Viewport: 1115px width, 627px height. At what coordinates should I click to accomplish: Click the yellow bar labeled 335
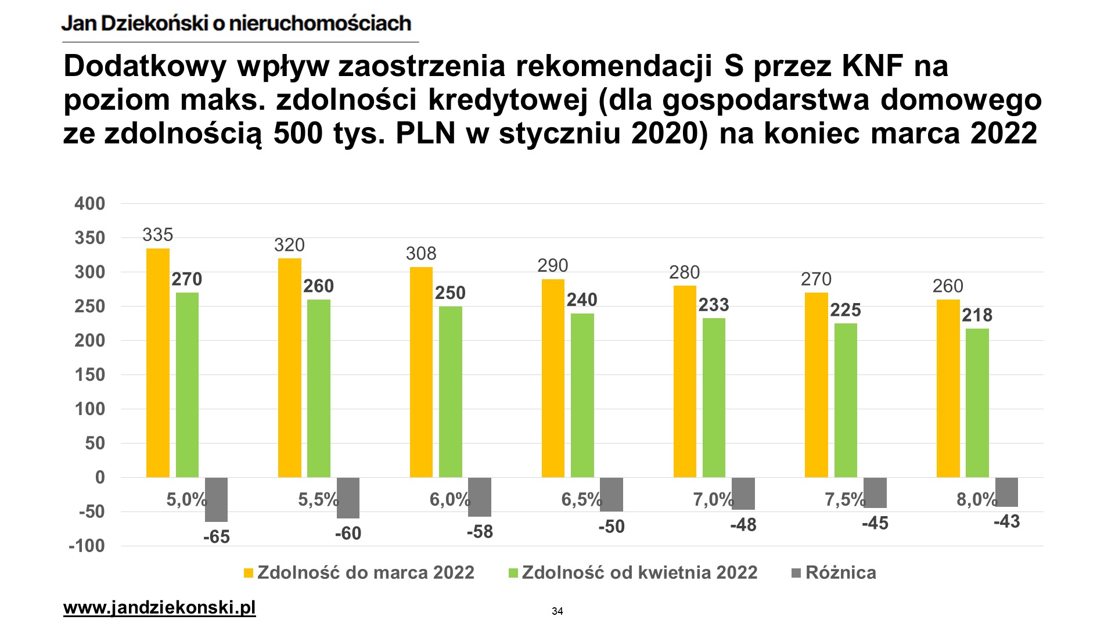coord(158,363)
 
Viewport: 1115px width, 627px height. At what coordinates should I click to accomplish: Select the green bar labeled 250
coord(451,392)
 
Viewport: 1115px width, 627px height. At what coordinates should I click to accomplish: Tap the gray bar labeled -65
coord(216,499)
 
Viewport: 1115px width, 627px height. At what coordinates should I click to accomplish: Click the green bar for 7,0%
coord(714,398)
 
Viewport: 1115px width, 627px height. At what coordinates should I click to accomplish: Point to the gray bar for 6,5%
coord(612,495)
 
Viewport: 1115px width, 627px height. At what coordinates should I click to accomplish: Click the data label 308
coord(421,254)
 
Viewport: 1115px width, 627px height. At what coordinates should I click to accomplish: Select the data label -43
coord(1006,522)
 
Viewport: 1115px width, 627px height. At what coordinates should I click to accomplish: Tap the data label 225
coord(846,310)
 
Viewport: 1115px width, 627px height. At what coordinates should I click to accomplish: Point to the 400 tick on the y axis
coord(90,204)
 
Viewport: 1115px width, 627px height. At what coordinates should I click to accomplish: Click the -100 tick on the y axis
coord(87,546)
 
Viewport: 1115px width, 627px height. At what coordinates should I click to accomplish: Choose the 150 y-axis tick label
coord(90,375)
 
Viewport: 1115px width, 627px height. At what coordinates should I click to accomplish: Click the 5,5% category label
coord(318,499)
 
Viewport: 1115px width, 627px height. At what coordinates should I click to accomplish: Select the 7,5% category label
coord(844,499)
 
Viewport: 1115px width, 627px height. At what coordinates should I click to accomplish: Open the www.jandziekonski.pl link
coord(159,608)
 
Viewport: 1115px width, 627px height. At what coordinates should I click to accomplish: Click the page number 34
coord(557,611)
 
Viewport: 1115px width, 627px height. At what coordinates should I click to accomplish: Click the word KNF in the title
coord(875,66)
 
